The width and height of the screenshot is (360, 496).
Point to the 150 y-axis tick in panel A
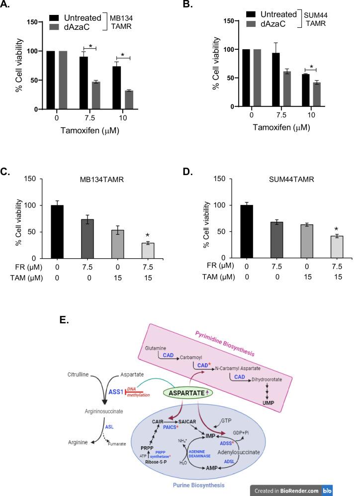coord(33,22)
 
